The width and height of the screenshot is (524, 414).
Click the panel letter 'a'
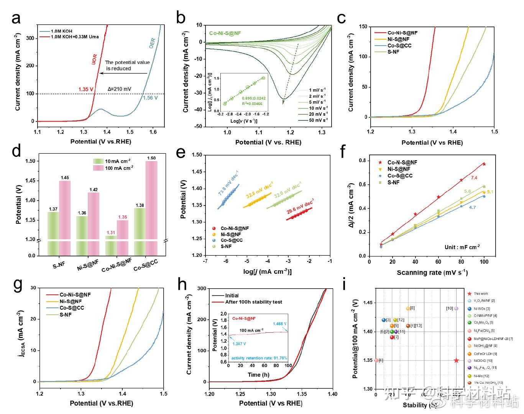tap(16, 18)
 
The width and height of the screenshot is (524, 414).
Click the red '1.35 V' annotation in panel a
tap(86, 90)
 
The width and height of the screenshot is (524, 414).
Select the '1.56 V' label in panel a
tap(151, 98)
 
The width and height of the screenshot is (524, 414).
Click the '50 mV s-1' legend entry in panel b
tap(318, 120)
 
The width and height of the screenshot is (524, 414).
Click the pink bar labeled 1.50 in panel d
tap(151, 207)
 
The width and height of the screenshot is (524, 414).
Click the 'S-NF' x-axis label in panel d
tap(59, 264)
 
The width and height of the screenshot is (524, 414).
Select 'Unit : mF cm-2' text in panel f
tap(462, 247)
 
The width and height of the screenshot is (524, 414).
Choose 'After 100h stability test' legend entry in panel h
tap(253, 302)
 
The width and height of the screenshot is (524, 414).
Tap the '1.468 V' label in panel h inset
tap(279, 324)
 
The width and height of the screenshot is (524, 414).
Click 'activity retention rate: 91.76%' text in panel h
tap(259, 358)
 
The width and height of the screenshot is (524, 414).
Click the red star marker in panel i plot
tap(456, 360)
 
